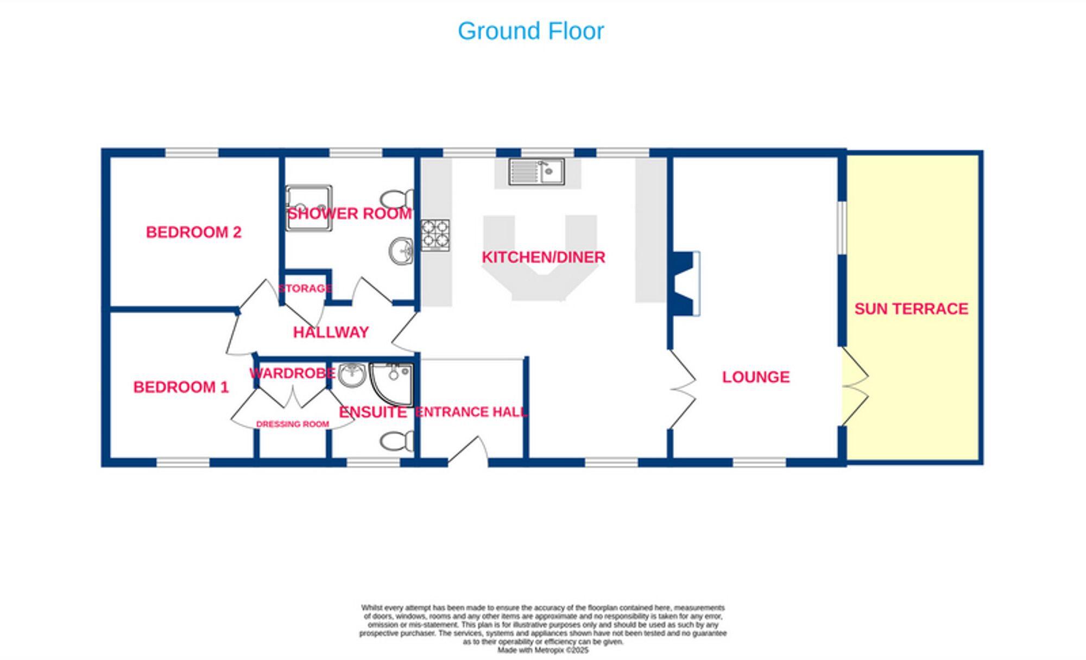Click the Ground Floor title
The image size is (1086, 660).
[531, 31]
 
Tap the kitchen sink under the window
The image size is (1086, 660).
[536, 172]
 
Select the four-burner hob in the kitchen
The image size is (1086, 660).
[435, 235]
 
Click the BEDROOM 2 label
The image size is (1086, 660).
[193, 232]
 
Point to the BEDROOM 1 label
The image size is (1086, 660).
[181, 387]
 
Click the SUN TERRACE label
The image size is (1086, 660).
[911, 309]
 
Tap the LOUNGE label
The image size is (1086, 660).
[755, 377]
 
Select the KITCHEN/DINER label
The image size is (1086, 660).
[543, 257]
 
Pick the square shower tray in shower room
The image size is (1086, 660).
[309, 208]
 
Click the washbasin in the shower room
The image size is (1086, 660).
[401, 251]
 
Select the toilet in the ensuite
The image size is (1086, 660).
[397, 441]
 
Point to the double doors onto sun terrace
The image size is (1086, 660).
[855, 386]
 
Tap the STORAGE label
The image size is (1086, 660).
[305, 288]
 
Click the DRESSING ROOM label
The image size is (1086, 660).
[292, 424]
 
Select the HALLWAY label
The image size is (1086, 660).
[331, 332]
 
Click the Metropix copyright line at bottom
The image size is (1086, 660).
[542, 650]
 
